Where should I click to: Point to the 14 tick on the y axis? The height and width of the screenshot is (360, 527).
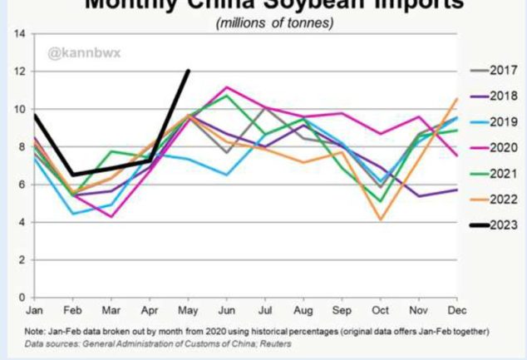(19, 34)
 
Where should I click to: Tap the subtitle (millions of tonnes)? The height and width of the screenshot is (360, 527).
(274, 22)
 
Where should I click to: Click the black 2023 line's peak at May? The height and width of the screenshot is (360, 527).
(189, 71)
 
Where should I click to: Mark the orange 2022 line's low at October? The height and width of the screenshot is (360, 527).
(380, 219)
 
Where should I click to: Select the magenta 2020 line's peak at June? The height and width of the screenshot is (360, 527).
(227, 86)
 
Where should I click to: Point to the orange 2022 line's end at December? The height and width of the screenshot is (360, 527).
(457, 99)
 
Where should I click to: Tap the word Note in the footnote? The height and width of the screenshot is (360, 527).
(36, 332)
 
